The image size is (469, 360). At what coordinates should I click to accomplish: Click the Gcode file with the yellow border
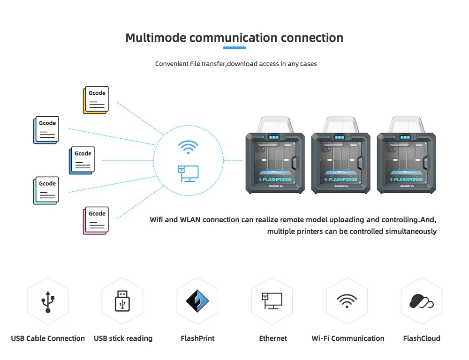[96, 99]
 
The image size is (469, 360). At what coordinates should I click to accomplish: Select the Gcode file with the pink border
[96, 220]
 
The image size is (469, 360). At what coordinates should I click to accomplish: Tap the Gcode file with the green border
[46, 190]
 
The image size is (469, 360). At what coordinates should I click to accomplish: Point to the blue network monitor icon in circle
[188, 173]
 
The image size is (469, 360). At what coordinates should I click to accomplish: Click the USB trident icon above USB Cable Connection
[47, 301]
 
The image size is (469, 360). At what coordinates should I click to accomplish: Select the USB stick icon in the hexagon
[122, 301]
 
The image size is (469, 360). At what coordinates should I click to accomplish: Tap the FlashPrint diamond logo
[197, 301]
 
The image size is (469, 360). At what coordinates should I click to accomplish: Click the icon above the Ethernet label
[272, 301]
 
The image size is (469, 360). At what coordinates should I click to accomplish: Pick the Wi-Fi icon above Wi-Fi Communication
[347, 301]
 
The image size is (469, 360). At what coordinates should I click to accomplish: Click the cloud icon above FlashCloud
[421, 301]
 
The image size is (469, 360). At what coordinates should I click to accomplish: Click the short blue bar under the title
[234, 47]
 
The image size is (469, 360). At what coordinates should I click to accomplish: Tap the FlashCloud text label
[422, 338]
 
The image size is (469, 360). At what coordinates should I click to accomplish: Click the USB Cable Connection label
[48, 338]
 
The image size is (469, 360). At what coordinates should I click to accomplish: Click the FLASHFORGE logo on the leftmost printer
[275, 180]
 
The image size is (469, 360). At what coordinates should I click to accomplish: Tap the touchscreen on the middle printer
[339, 137]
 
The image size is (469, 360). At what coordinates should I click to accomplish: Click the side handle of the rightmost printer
[425, 162]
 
